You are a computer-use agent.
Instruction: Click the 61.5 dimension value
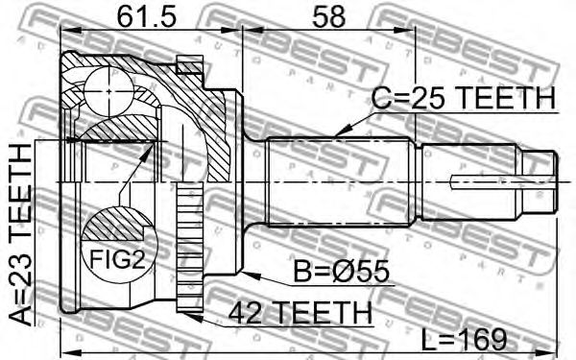(147, 16)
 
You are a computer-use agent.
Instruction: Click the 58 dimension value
(328, 16)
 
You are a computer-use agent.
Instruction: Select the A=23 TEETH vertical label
(20, 235)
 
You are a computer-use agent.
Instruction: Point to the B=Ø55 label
(341, 272)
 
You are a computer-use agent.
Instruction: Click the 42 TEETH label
(300, 313)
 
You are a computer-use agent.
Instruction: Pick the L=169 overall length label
(464, 339)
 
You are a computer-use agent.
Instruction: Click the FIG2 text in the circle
(118, 258)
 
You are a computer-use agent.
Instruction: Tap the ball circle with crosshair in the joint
(108, 91)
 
